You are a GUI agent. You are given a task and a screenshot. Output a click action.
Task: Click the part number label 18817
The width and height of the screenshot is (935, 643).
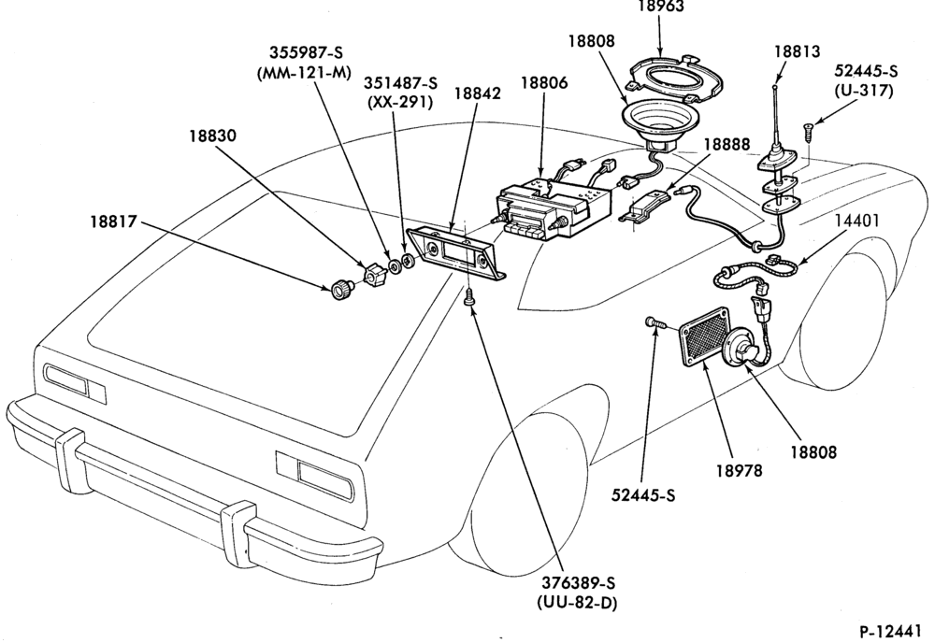tap(113, 221)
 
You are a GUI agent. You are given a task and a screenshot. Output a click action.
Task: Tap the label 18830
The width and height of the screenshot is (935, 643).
tap(213, 136)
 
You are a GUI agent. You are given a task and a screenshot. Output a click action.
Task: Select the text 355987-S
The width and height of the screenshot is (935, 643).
tap(306, 52)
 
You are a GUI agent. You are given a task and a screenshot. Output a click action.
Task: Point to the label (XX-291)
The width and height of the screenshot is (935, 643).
tap(399, 102)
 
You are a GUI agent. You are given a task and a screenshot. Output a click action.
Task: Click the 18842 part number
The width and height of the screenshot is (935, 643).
tap(477, 93)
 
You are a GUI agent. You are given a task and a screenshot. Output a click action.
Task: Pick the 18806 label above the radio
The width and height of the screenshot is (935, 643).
tap(544, 83)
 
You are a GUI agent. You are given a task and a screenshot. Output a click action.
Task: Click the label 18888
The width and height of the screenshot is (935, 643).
tap(726, 145)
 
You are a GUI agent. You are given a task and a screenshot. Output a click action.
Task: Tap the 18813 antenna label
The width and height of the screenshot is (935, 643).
tap(798, 51)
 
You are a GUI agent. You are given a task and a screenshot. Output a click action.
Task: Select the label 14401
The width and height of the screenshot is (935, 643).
tap(856, 221)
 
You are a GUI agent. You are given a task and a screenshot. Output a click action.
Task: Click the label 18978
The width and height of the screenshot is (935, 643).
tap(740, 471)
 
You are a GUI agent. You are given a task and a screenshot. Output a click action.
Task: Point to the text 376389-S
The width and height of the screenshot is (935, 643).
tap(578, 583)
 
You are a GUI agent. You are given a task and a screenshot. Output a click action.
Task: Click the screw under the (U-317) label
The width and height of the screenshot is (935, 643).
tap(808, 131)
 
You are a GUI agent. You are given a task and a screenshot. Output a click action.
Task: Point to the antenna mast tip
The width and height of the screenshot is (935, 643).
tap(774, 88)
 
